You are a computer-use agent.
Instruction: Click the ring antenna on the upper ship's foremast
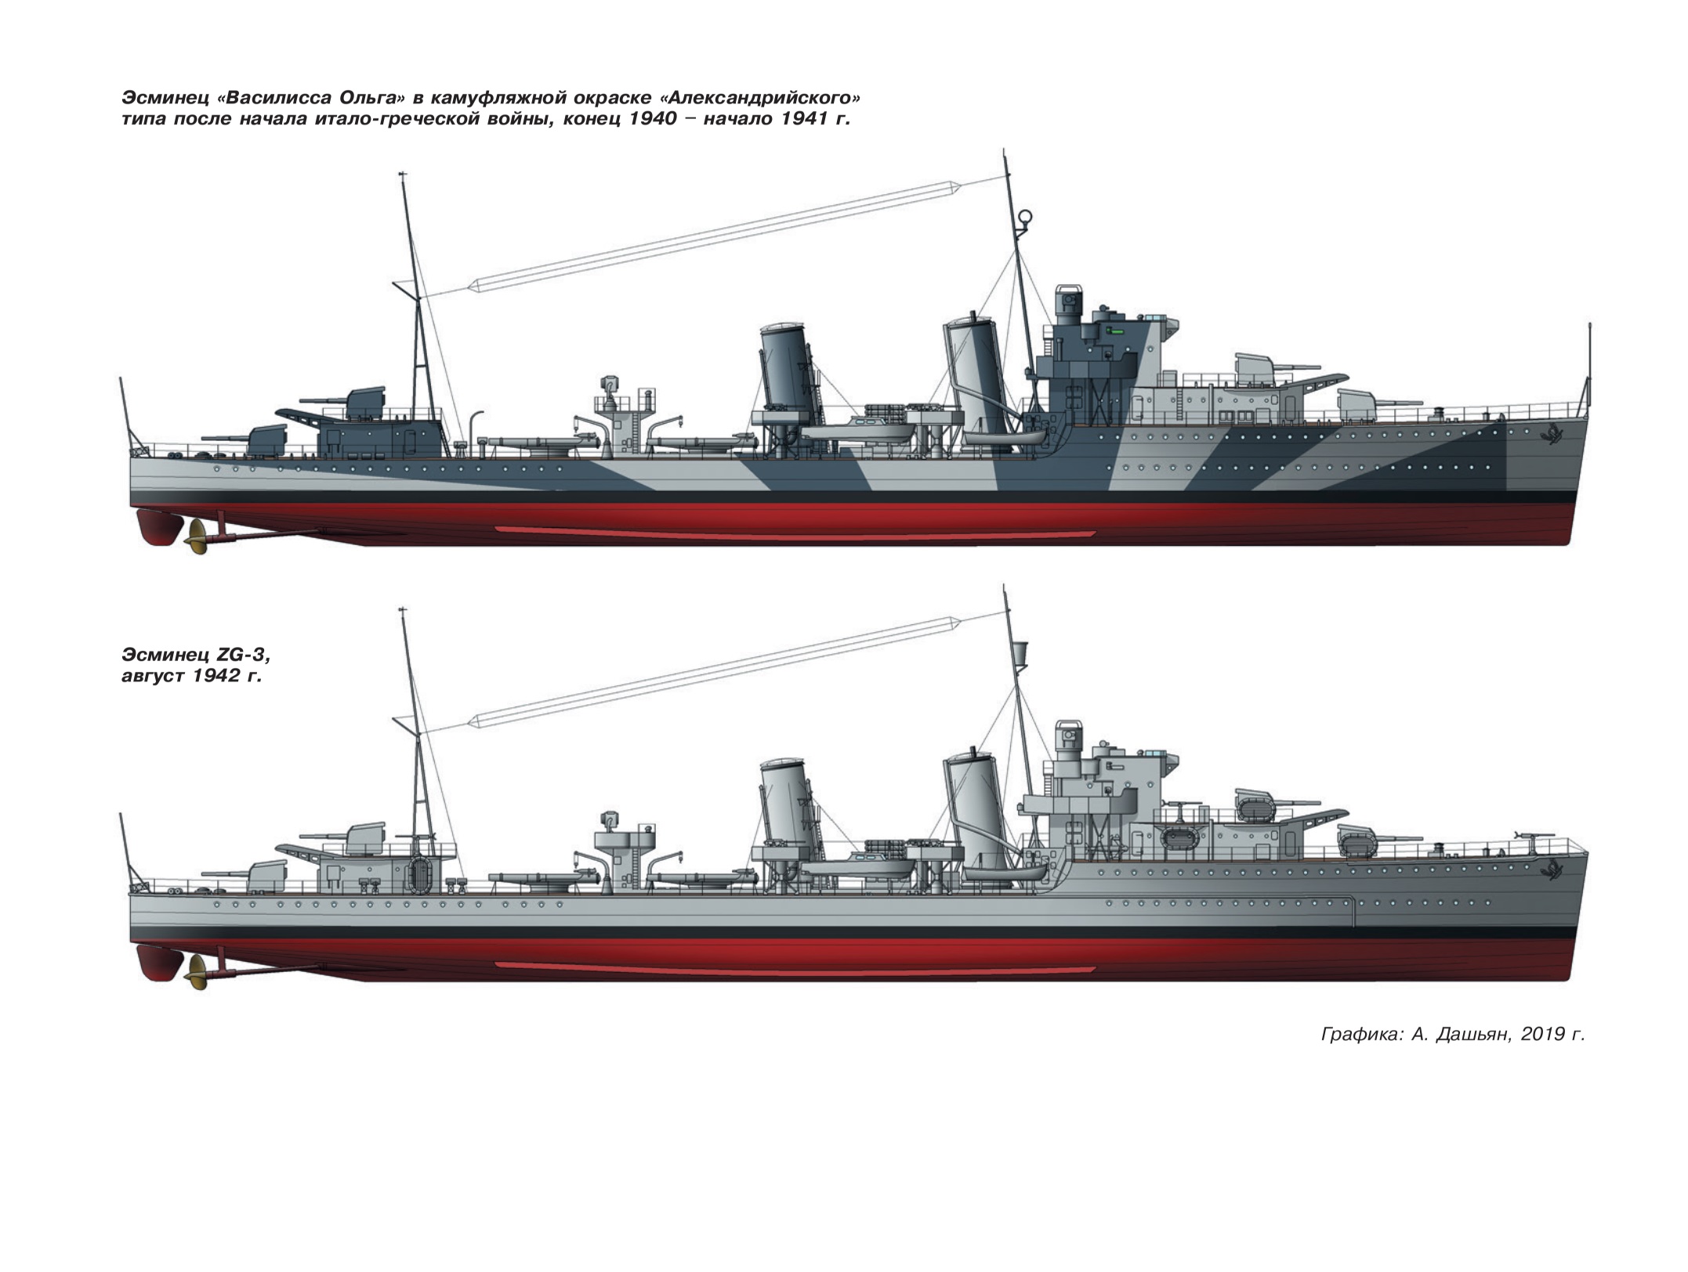tap(1024, 218)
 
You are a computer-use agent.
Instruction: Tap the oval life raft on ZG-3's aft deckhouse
tap(422, 874)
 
